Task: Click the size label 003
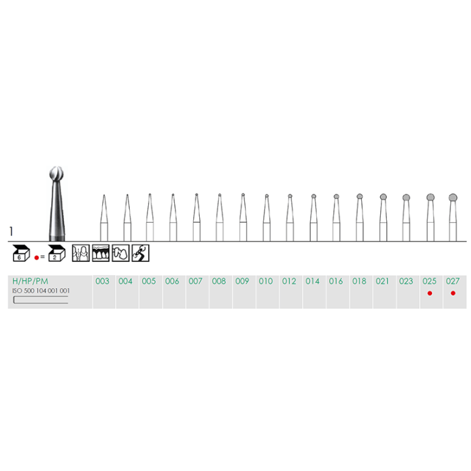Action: tap(102, 281)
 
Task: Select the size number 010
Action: tap(266, 281)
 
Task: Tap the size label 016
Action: tap(336, 281)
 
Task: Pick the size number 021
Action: tap(382, 281)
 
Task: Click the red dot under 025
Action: tap(429, 293)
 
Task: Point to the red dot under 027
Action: tap(453, 293)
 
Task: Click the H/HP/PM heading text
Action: tap(30, 281)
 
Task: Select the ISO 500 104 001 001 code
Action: tap(41, 291)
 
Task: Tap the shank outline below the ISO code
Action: tap(40, 300)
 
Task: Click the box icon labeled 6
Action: tap(21, 253)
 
